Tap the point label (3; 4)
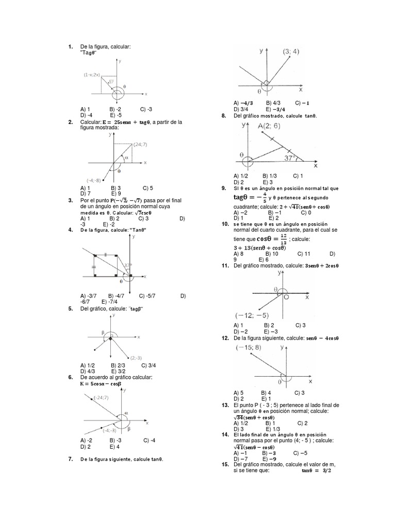coord(292,51)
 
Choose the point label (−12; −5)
coord(252,315)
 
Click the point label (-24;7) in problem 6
coord(102,397)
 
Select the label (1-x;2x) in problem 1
coord(92,75)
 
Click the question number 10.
coord(225,224)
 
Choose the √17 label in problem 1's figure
coord(111,80)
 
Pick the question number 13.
coord(225,406)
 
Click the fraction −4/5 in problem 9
coord(263,198)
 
